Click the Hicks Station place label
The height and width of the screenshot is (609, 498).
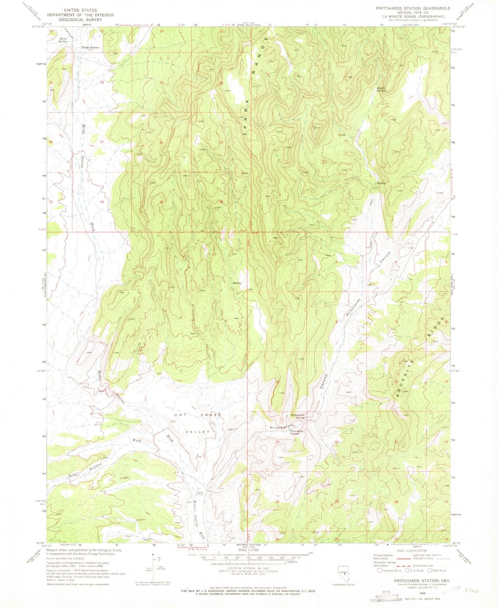tap(90, 48)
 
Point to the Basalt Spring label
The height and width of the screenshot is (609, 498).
tap(380, 89)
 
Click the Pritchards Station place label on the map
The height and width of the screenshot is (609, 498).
tap(296, 432)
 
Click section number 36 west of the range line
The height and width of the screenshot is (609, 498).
tap(161, 202)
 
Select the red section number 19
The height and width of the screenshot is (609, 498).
tap(277, 442)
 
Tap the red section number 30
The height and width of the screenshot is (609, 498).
tap(277, 502)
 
